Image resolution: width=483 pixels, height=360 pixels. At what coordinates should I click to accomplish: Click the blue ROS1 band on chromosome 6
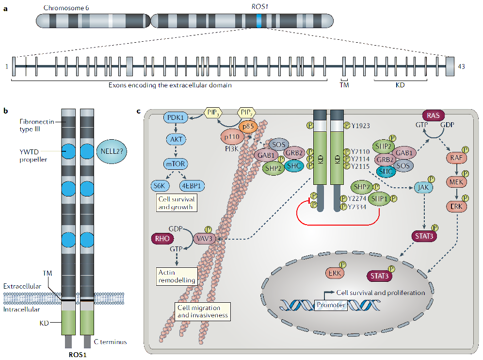pyautogui.click(x=259, y=21)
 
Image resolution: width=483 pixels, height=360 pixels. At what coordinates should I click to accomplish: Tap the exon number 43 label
pyautogui.click(x=461, y=66)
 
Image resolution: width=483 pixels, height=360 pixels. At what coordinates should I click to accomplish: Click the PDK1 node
pyautogui.click(x=176, y=117)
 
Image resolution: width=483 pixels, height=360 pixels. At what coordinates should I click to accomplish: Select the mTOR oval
pyautogui.click(x=176, y=164)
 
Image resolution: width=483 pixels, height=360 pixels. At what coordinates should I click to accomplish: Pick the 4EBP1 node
pyautogui.click(x=192, y=186)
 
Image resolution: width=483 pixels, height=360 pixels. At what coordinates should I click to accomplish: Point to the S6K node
pyautogui.click(x=160, y=186)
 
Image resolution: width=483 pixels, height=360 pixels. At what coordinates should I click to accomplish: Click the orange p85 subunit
pyautogui.click(x=248, y=126)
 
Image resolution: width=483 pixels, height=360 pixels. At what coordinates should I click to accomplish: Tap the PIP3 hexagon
pyautogui.click(x=213, y=113)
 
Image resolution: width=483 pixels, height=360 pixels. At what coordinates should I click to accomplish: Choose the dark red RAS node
pyautogui.click(x=433, y=115)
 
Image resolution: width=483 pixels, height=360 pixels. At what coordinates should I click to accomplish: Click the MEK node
pyautogui.click(x=456, y=182)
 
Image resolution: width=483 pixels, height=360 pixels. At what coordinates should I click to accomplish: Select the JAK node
pyautogui.click(x=423, y=187)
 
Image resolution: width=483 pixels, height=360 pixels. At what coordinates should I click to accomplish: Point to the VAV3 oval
pyautogui.click(x=204, y=239)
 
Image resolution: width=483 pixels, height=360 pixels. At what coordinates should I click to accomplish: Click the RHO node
pyautogui.click(x=162, y=238)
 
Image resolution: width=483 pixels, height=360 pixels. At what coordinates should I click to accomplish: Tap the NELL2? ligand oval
pyautogui.click(x=112, y=151)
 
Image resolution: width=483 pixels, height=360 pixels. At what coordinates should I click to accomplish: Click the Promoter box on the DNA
pyautogui.click(x=331, y=305)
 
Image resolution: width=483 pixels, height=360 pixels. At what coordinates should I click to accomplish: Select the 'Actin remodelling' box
pyautogui.click(x=177, y=276)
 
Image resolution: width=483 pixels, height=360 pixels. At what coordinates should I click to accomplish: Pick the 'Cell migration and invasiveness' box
pyautogui.click(x=203, y=311)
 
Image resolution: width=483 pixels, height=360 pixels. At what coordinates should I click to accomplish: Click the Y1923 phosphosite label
pyautogui.click(x=360, y=126)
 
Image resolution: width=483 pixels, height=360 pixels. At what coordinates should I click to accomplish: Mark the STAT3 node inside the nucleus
pyautogui.click(x=379, y=276)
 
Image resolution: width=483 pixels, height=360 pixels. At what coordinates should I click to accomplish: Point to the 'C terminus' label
pyautogui.click(x=110, y=342)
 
